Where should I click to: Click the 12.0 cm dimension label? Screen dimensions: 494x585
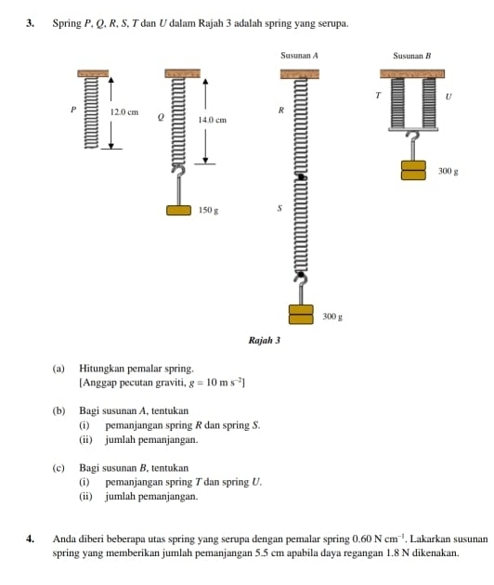pyautogui.click(x=124, y=112)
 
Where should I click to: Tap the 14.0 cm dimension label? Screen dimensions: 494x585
pyautogui.click(x=213, y=120)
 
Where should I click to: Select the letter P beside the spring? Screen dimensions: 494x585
pyautogui.click(x=73, y=110)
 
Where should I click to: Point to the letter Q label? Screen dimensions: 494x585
pyautogui.click(x=161, y=117)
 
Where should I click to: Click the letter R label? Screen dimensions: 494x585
pyautogui.click(x=281, y=110)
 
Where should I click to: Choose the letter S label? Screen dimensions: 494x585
pyautogui.click(x=279, y=208)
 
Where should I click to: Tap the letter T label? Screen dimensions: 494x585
pyautogui.click(x=378, y=96)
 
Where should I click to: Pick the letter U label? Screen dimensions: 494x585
pyautogui.click(x=448, y=97)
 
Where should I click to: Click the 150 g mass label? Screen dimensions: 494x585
pyautogui.click(x=208, y=210)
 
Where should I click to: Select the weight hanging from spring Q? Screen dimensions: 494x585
pyautogui.click(x=178, y=211)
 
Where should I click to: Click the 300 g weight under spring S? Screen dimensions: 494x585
pyautogui.click(x=301, y=315)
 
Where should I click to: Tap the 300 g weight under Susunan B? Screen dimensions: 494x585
pyautogui.click(x=413, y=170)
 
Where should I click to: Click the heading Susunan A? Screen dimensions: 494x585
pyautogui.click(x=299, y=56)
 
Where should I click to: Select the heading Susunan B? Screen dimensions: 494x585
pyautogui.click(x=412, y=56)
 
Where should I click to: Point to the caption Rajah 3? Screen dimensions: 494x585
pyautogui.click(x=264, y=340)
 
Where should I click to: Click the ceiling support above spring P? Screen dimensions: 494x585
pyautogui.click(x=93, y=73)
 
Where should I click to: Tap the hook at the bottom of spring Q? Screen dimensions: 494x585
pyautogui.click(x=179, y=170)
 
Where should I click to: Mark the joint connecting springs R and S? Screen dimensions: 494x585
pyautogui.click(x=301, y=177)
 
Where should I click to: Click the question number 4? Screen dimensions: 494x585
pyautogui.click(x=31, y=539)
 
